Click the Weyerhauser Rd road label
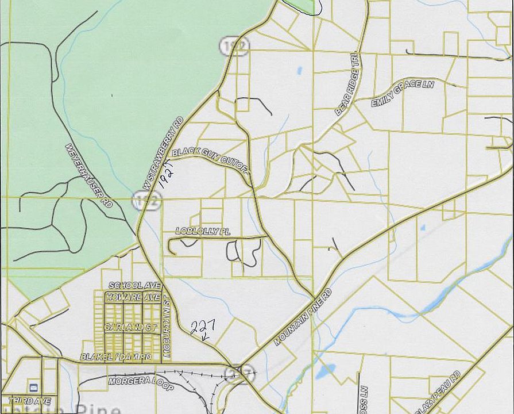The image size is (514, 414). (89, 175)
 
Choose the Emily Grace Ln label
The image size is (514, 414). (402, 93)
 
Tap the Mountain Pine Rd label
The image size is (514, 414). (303, 317)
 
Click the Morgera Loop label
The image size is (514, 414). (141, 384)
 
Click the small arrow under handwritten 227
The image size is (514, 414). (204, 338)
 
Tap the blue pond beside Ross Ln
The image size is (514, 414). (323, 373)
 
